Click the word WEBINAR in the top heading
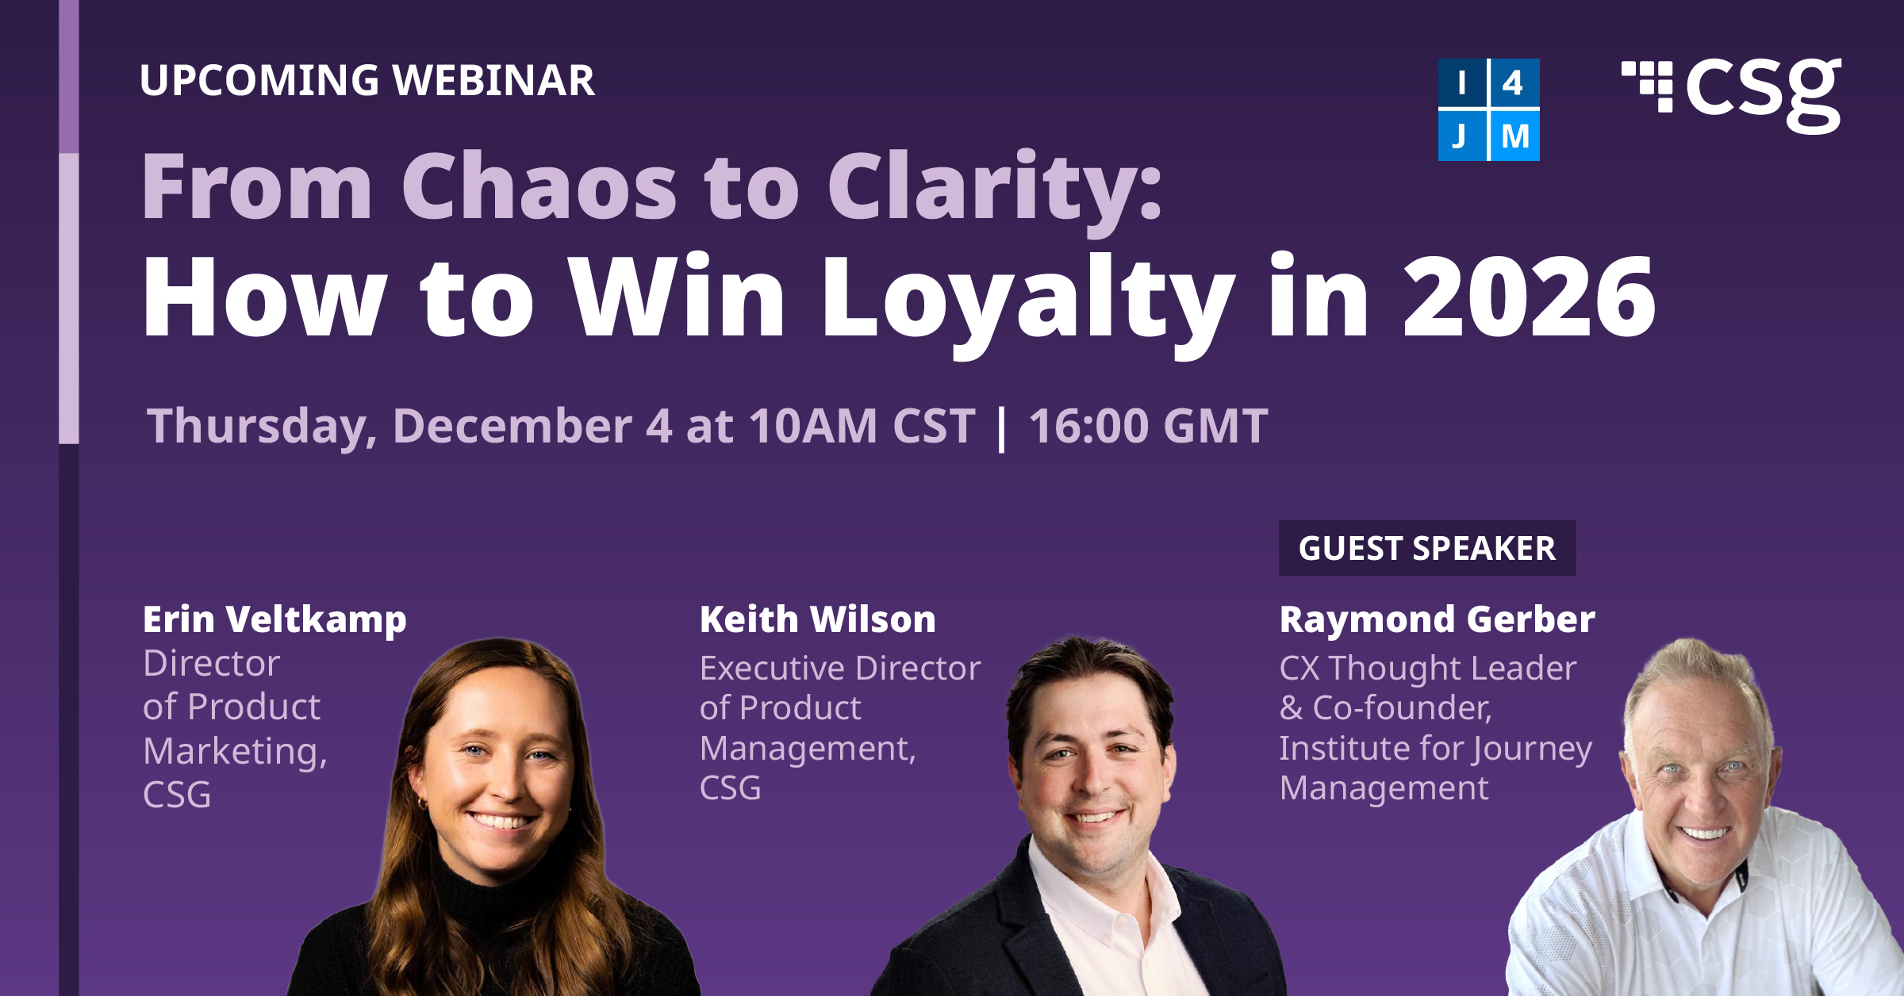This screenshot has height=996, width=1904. (x=493, y=80)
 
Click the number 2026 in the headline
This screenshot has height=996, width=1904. (x=1530, y=297)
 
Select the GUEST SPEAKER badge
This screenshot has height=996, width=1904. (x=1426, y=548)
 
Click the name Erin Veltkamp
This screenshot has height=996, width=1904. (x=274, y=620)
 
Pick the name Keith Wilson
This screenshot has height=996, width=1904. (x=818, y=619)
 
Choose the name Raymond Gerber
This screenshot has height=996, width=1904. (x=1437, y=620)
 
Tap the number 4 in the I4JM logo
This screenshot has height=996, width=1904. (x=1513, y=82)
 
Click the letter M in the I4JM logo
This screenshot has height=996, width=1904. (x=1515, y=136)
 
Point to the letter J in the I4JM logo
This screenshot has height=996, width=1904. (x=1460, y=136)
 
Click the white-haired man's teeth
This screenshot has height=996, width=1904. (x=1704, y=833)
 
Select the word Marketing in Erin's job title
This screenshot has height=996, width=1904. (x=235, y=752)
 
